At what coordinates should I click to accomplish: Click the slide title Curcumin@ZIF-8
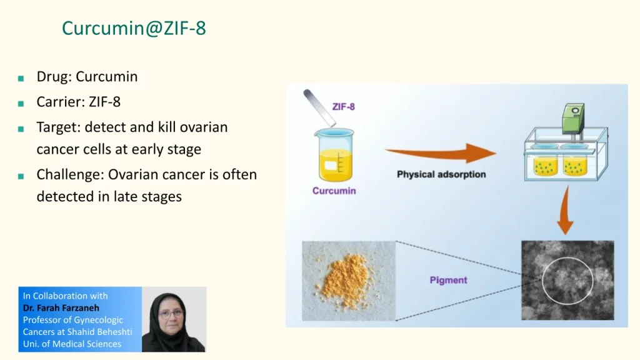pos(134,28)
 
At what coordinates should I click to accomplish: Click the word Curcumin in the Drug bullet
pos(106,76)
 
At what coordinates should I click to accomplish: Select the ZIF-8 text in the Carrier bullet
pos(104,102)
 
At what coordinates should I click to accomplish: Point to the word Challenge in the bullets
pos(70,175)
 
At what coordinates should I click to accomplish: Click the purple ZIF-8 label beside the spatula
pos(344,107)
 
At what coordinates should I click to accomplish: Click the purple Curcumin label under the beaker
pos(334,191)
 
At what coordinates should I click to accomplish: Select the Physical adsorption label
pos(441,174)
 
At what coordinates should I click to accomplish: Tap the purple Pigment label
pos(448,280)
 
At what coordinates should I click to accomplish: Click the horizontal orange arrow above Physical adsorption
pos(441,153)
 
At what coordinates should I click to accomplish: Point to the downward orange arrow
pos(566,210)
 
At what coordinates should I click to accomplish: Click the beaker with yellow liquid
pos(334,155)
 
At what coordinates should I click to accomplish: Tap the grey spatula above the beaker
pos(319,107)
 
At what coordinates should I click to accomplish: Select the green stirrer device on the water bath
pos(573,118)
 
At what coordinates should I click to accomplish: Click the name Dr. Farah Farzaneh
pos(61,307)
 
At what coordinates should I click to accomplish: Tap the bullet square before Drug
pos(21,78)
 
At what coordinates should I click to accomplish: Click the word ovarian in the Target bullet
pos(204,127)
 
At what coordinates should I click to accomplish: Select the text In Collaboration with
pos(65,296)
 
